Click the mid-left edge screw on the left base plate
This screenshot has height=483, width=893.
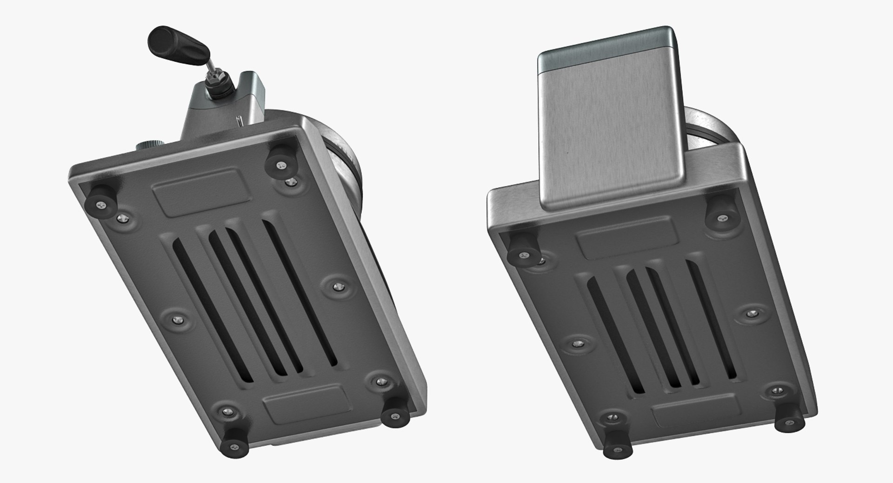(176, 319)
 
